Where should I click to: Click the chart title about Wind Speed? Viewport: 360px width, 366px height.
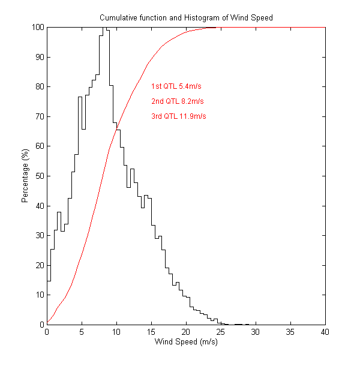[x=186, y=17]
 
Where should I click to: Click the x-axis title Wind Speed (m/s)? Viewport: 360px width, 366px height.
[x=186, y=342]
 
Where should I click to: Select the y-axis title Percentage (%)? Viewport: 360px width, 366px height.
[x=25, y=176]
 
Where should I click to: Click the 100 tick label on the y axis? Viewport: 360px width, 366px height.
[x=37, y=28]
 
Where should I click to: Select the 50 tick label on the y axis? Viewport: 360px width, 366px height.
[x=38, y=176]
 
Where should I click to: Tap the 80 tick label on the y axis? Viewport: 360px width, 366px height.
[x=38, y=87]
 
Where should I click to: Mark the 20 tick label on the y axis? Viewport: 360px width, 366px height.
[x=38, y=265]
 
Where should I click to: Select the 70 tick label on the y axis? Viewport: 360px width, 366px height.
[x=38, y=116]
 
